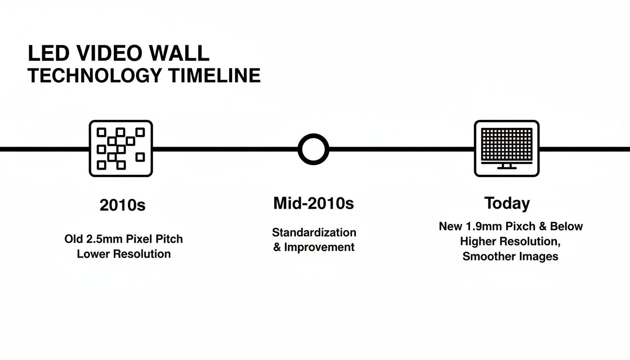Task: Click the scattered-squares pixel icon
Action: [x=121, y=148]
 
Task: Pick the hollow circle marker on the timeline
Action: [x=313, y=149]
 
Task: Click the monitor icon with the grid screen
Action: [x=506, y=148]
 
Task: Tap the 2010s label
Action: [x=123, y=205]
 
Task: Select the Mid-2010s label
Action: [x=314, y=203]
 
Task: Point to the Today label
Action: [x=507, y=203]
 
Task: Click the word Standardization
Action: [x=314, y=232]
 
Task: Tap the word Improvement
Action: [x=319, y=247]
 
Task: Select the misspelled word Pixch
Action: [x=518, y=226]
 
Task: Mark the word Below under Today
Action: [x=567, y=226]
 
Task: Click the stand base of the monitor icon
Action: [x=506, y=167]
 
